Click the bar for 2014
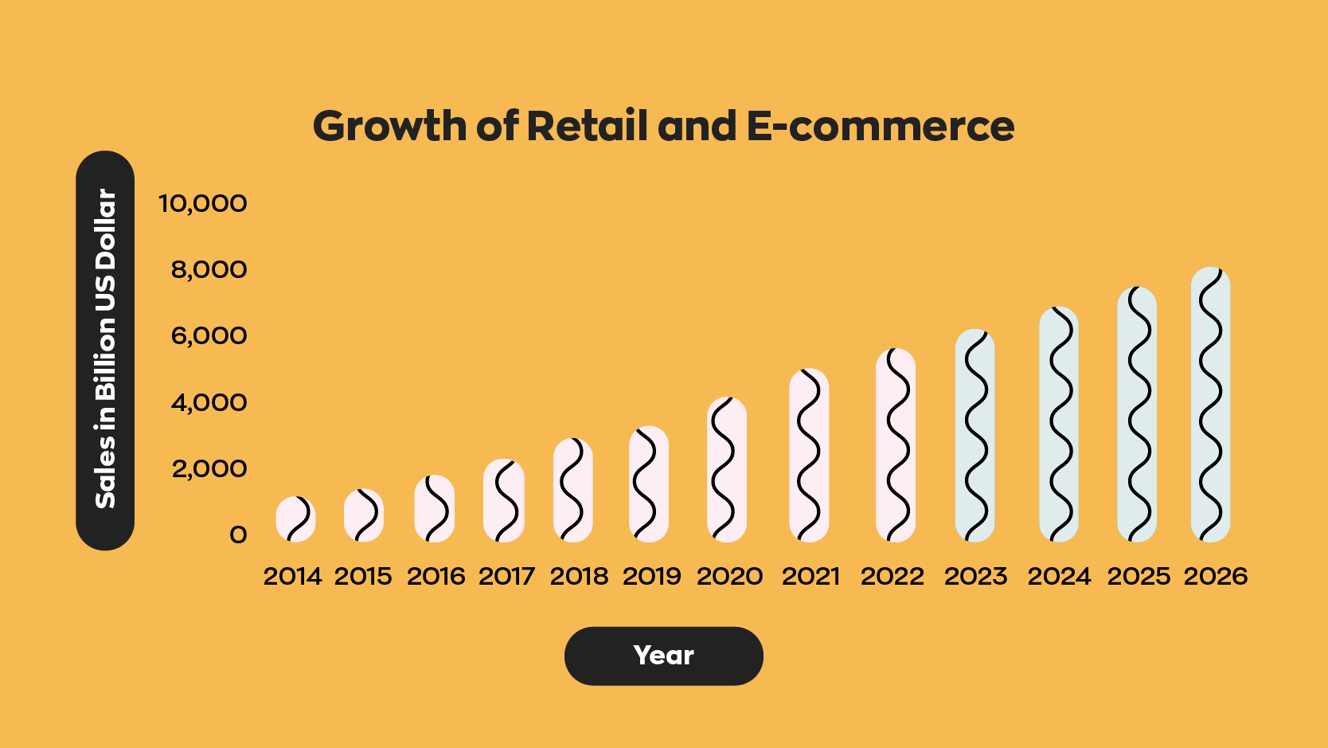[295, 519]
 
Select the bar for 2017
[504, 500]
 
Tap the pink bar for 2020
[727, 469]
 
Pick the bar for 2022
[896, 444]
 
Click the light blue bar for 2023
[975, 436]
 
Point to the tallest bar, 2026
[1211, 405]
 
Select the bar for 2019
[649, 484]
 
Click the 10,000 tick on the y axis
[203, 203]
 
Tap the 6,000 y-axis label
[209, 336]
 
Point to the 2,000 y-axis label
[209, 469]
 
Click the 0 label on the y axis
[238, 535]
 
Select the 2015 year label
[363, 577]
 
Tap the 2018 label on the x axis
[580, 577]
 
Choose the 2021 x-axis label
[810, 577]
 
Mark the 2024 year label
[1060, 577]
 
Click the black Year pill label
[664, 656]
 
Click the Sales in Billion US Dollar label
[106, 350]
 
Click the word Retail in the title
[587, 127]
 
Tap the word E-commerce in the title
[881, 127]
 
